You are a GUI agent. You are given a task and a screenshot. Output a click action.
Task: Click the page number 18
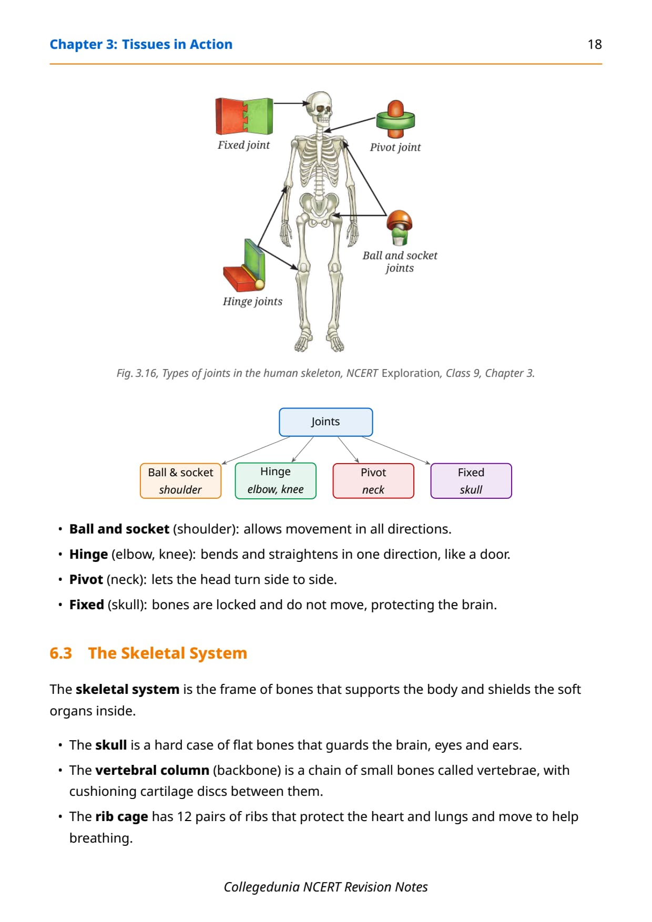pos(595,44)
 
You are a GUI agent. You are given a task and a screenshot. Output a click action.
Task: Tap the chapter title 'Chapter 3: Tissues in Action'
pos(141,44)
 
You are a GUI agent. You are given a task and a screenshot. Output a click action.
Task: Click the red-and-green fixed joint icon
pos(244,116)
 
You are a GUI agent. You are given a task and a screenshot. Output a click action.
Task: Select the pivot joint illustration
pos(395,119)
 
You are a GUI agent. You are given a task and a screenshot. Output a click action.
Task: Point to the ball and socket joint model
pos(400,228)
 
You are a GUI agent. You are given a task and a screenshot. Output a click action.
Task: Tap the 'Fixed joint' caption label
pos(243,145)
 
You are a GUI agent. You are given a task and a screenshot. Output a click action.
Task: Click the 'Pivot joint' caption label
pos(395,147)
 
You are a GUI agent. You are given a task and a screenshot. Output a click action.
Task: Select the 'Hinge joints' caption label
pos(252,301)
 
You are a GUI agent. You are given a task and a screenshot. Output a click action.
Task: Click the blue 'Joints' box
pos(326,422)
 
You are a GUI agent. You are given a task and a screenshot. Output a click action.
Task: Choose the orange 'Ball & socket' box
pos(180,480)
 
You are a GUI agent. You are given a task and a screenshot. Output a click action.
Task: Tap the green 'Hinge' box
pos(276,480)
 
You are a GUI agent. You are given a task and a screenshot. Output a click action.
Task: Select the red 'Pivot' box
pos(373,480)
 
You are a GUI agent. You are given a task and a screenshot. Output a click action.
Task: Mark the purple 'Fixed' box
pos(471,480)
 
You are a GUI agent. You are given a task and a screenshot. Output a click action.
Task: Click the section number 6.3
pos(60,653)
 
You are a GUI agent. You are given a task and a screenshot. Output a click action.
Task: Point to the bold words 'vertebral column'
pos(152,770)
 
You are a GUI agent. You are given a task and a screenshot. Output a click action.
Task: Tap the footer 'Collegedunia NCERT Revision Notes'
pos(326,887)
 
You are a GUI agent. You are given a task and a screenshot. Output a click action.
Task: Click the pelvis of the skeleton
pos(318,206)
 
